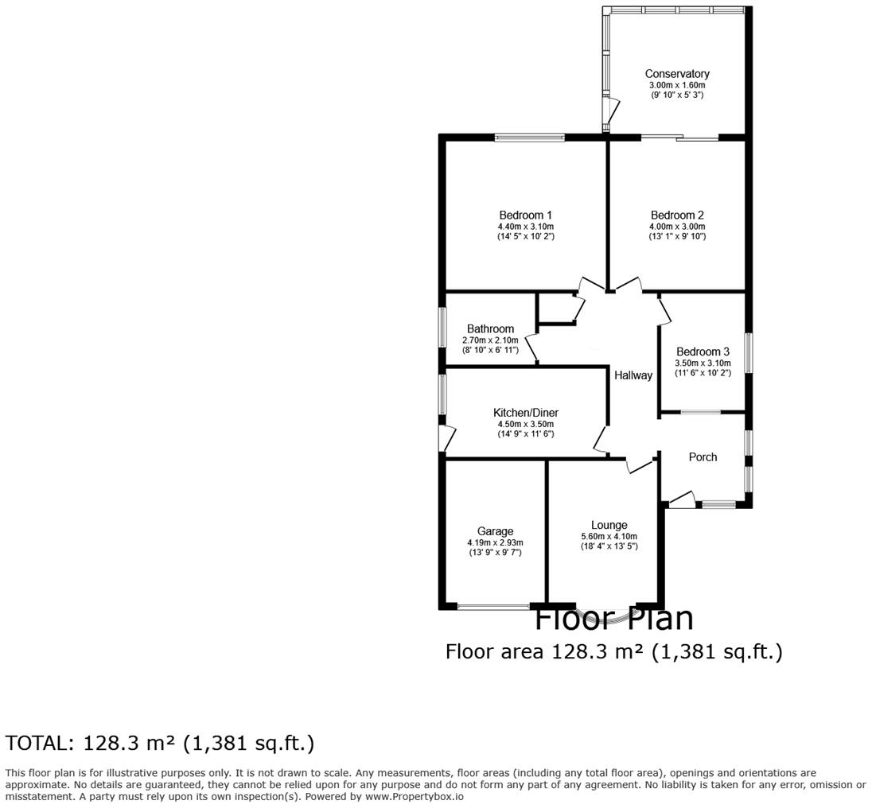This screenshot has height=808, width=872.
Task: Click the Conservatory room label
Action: click(676, 74)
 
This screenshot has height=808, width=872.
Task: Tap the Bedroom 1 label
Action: click(525, 215)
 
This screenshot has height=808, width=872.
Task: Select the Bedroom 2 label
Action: click(676, 215)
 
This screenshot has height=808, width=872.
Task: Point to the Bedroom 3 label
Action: click(703, 352)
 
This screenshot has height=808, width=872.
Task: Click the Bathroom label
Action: click(490, 328)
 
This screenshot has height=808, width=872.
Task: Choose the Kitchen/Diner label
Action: click(525, 413)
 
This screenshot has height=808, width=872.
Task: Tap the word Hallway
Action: click(633, 375)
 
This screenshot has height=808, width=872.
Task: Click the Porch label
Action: click(703, 456)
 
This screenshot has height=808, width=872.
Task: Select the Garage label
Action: click(495, 531)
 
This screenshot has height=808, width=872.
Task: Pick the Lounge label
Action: click(609, 525)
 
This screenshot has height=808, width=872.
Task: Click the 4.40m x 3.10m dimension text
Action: click(525, 227)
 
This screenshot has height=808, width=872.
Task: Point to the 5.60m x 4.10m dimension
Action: click(609, 536)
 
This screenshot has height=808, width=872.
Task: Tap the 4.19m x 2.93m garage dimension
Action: click(495, 542)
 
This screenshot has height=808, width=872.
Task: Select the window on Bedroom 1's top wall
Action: click(529, 138)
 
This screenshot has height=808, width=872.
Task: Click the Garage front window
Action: click(494, 607)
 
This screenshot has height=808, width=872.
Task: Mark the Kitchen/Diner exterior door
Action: click(448, 438)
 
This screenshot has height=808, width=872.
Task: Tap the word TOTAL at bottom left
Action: click(37, 744)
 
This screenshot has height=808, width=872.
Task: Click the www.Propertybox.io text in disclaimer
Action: click(414, 796)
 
